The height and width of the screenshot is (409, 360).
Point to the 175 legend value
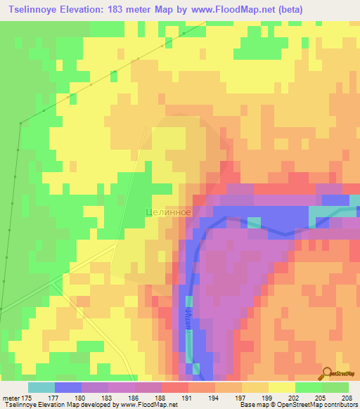coord(27,398)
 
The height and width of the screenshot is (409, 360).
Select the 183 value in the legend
coord(107,398)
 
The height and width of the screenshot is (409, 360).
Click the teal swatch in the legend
coord(41,387)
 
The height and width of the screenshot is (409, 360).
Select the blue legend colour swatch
coord(68,387)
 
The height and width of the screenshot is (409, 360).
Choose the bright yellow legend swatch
coord(281,387)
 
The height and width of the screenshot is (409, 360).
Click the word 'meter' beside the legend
coord(11,398)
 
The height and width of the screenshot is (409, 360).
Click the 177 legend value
coord(53,398)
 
